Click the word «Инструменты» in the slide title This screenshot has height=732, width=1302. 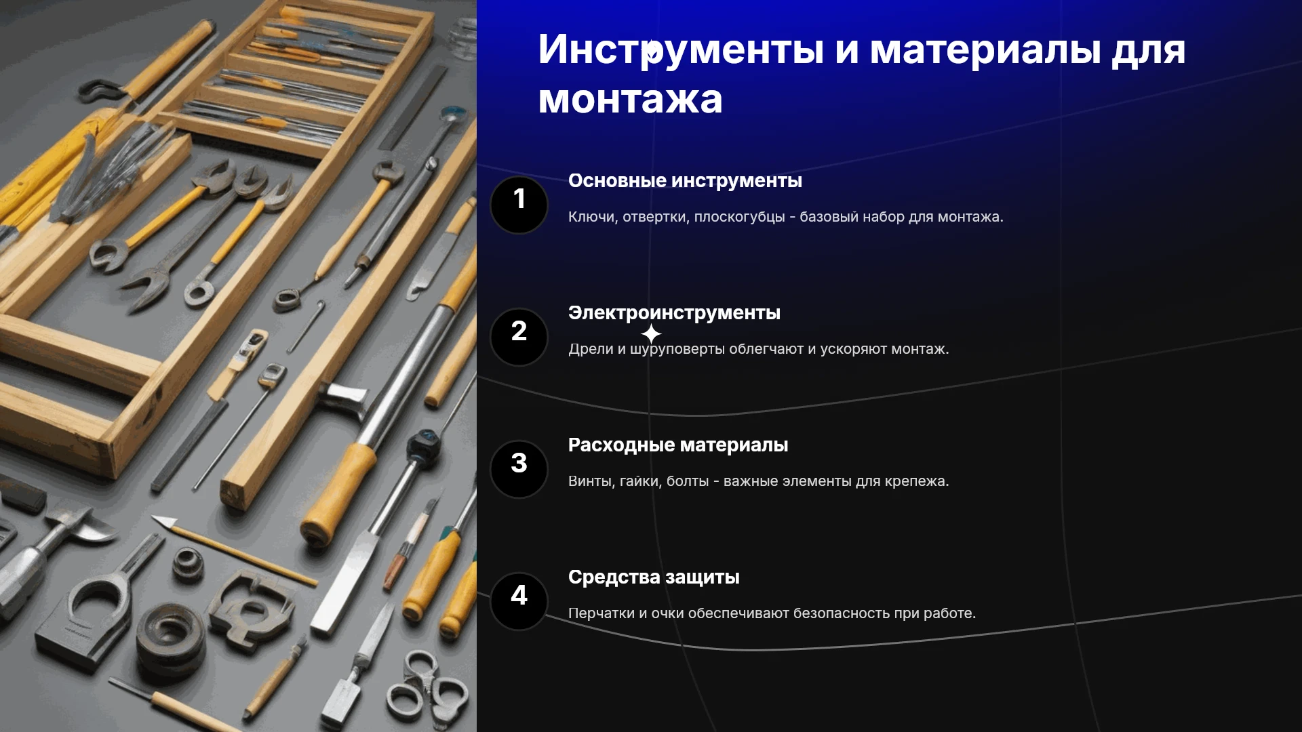681,51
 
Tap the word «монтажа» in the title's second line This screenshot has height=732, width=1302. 630,100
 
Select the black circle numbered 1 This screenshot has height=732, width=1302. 519,205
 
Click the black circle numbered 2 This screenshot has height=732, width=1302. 519,337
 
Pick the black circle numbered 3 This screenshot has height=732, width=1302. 519,469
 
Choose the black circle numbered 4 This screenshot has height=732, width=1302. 519,601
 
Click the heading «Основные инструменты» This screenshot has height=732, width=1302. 685,181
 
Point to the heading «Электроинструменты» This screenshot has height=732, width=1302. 674,313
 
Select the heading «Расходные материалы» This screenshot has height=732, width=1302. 678,445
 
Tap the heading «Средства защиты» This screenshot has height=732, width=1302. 654,577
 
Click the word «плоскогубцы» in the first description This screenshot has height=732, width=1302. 739,218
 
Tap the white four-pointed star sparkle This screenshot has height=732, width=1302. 651,333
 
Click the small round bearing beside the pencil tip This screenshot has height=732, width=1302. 188,565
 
